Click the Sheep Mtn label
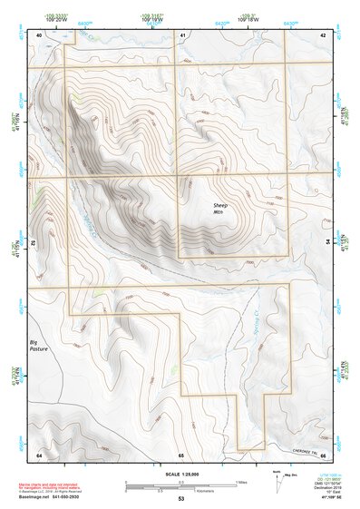tap(221, 210)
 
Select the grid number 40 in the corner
tap(38, 34)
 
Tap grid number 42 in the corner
tap(323, 34)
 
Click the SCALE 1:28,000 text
tap(180, 475)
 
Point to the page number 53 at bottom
tap(180, 499)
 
